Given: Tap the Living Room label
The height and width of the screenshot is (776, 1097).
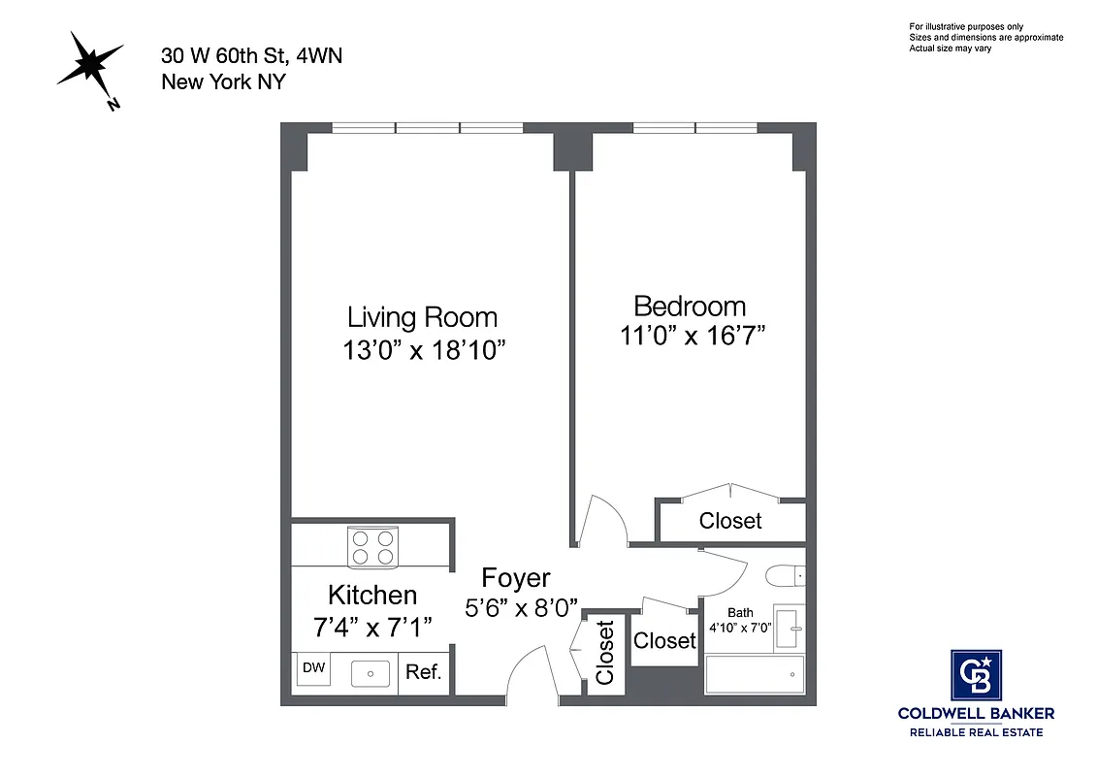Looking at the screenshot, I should tap(422, 317).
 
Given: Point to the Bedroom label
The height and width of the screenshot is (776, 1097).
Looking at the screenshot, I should tap(690, 307).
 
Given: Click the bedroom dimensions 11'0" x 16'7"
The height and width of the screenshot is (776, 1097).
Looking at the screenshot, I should tap(693, 337).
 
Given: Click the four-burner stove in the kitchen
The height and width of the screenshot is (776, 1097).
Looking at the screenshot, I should tap(373, 547).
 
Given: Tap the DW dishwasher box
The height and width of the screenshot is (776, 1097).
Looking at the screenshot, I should tap(313, 668).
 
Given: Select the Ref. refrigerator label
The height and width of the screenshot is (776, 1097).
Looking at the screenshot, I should tap(424, 671).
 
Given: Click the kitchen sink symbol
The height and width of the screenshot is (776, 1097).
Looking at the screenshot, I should tap(370, 671).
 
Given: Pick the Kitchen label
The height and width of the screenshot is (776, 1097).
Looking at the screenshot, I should tap(372, 595).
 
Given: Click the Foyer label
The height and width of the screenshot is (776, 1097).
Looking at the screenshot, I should tap(516, 579).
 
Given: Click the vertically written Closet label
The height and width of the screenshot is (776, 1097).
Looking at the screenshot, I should tap(605, 653).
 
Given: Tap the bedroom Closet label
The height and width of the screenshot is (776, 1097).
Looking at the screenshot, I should tap(730, 521).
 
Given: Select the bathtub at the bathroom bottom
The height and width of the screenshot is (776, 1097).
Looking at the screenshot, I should tap(755, 673).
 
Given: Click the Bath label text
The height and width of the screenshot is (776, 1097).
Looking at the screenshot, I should tap(740, 612).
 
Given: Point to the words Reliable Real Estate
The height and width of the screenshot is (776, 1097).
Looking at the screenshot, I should tap(975, 731).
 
